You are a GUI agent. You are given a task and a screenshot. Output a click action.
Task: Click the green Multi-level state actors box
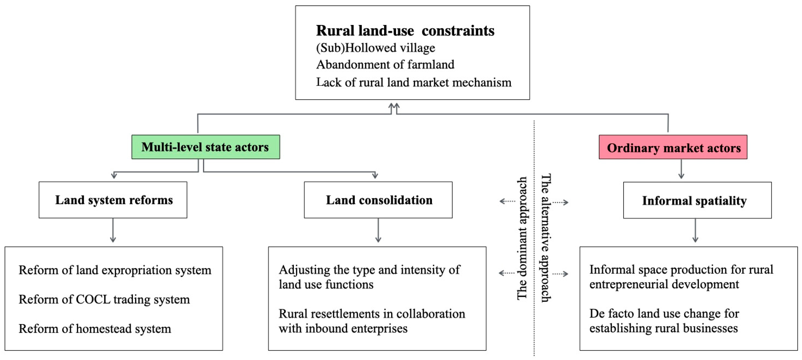pyautogui.click(x=206, y=147)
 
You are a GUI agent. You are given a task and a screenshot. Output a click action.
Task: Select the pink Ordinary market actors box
pyautogui.click(x=673, y=147)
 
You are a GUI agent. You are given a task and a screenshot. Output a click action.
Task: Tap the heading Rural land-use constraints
pyautogui.click(x=405, y=30)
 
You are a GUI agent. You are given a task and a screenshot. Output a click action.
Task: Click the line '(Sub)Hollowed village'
pyautogui.click(x=376, y=48)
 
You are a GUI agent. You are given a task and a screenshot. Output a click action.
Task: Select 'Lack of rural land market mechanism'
pyautogui.click(x=413, y=82)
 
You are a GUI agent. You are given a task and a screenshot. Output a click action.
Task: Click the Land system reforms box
pyautogui.click(x=113, y=200)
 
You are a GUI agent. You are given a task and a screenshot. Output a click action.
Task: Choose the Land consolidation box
pyautogui.click(x=378, y=200)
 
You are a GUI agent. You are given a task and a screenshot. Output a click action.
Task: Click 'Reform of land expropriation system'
pyautogui.click(x=115, y=270)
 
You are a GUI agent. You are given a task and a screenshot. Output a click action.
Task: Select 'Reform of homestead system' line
pyautogui.click(x=95, y=329)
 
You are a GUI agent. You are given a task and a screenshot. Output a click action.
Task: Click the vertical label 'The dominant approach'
pyautogui.click(x=522, y=238)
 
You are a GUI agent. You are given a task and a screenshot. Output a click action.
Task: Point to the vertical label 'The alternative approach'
pyautogui.click(x=545, y=238)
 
